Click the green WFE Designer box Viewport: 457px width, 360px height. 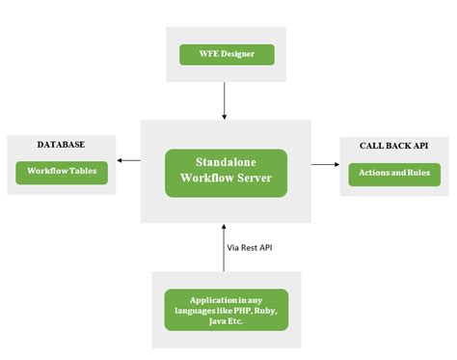(227, 54)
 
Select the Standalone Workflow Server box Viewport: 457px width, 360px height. (226, 173)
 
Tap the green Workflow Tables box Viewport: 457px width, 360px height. (62, 173)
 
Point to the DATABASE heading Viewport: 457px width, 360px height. (61, 145)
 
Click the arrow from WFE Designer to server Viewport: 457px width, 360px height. (225, 100)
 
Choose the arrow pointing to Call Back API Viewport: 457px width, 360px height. (325, 164)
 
